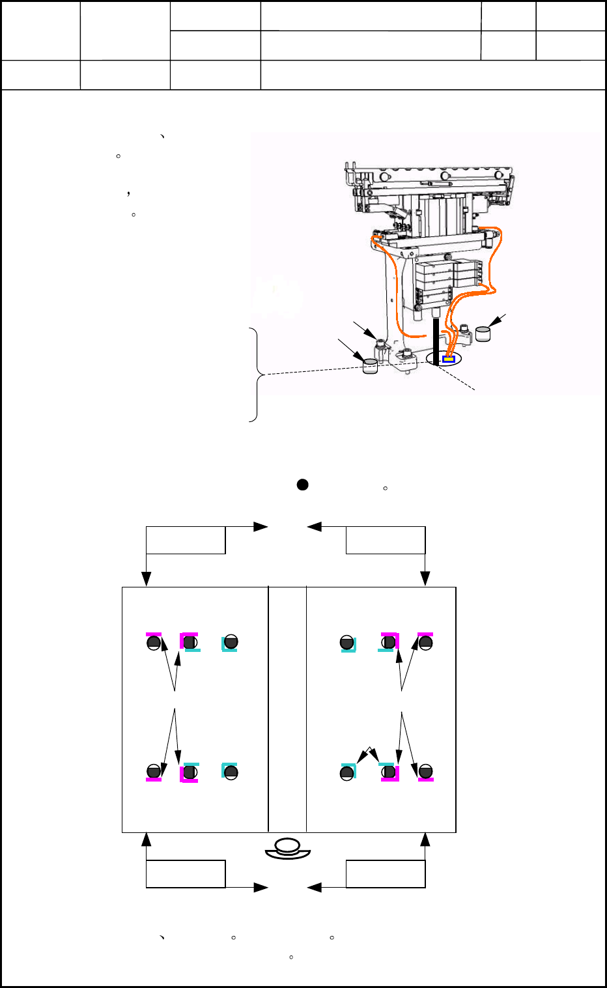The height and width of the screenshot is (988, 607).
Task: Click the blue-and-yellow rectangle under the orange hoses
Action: [x=448, y=359]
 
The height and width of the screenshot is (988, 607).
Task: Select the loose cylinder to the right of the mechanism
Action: [x=483, y=333]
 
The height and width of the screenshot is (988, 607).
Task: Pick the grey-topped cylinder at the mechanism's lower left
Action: [x=369, y=366]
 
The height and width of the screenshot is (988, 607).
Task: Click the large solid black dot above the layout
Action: [x=302, y=485]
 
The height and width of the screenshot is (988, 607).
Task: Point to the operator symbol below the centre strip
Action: [x=288, y=849]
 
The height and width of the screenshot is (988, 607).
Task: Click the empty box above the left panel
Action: [x=186, y=541]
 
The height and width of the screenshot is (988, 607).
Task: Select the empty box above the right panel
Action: [x=386, y=541]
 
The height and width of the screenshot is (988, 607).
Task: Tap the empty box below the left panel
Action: [x=186, y=874]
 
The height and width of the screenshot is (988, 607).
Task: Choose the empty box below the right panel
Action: [x=386, y=874]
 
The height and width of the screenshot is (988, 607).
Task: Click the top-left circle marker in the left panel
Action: [x=154, y=643]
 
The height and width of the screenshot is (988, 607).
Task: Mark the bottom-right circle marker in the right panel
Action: [x=425, y=772]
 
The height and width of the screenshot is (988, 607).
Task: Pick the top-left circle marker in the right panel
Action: [x=347, y=643]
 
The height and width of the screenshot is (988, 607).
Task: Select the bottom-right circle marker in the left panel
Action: [x=231, y=772]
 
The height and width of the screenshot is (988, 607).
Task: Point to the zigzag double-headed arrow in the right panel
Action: [x=369, y=754]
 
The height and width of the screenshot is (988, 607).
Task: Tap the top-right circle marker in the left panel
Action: [x=231, y=643]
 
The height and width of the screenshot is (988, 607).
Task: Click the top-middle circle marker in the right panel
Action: [x=389, y=643]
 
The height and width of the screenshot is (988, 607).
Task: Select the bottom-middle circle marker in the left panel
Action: [x=190, y=772]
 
